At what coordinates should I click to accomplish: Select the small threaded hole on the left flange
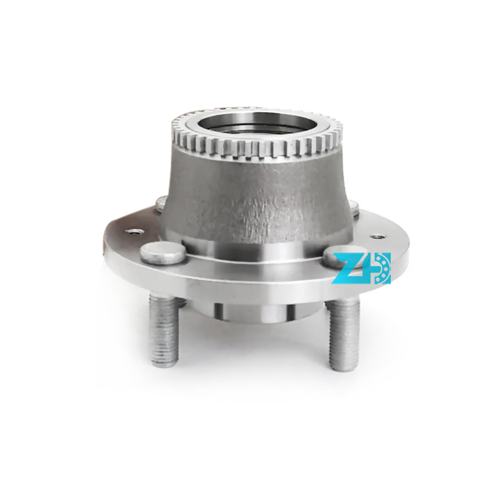pyautogui.click(x=134, y=232)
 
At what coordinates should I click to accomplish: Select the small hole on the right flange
pyautogui.click(x=377, y=236)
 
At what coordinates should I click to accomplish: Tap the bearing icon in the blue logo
pyautogui.click(x=382, y=268)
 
